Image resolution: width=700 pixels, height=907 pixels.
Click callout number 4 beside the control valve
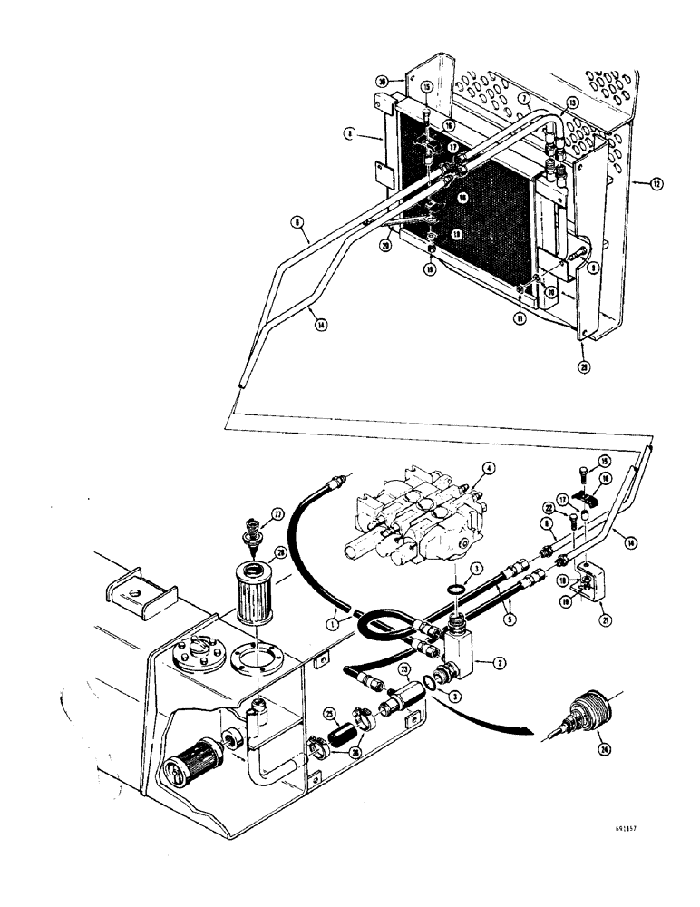pyautogui.click(x=488, y=469)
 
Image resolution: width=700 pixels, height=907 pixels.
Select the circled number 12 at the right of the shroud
pyautogui.click(x=656, y=184)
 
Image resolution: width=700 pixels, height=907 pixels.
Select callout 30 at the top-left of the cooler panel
pyautogui.click(x=384, y=81)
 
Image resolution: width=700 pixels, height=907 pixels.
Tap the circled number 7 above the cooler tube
pyautogui.click(x=523, y=96)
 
